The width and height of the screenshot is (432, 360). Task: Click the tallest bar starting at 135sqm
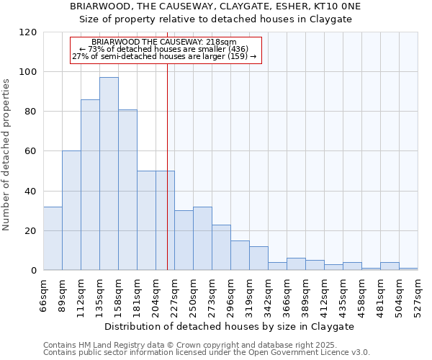[x=109, y=174]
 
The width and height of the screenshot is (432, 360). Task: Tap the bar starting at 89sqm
[x=71, y=210]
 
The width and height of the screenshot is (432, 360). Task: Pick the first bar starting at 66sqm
[x=53, y=238]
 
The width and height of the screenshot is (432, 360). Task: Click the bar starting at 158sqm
[x=127, y=190]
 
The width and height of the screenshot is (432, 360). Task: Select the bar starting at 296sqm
[x=240, y=256]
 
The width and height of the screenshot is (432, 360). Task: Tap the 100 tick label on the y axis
[x=27, y=72]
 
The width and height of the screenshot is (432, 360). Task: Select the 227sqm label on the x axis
[x=174, y=294]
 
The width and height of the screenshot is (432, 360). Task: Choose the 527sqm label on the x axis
[x=418, y=294]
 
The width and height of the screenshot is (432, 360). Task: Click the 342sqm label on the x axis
[x=268, y=294]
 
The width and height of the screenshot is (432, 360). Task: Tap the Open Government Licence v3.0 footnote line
[x=207, y=352]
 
